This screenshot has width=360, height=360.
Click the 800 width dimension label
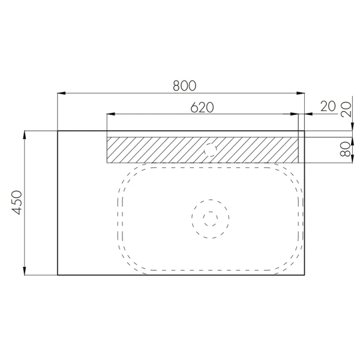click(x=185, y=86)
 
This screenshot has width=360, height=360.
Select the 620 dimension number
click(x=202, y=107)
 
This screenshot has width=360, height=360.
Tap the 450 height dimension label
click(x=17, y=203)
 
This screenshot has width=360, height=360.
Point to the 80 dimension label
click(x=346, y=149)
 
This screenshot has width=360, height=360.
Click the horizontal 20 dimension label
click(x=328, y=106)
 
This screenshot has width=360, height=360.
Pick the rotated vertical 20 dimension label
click(x=346, y=110)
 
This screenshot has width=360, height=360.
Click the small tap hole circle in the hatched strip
click(x=211, y=149)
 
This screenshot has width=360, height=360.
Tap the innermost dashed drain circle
click(x=211, y=219)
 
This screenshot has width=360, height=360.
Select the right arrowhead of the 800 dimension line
click(x=301, y=93)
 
